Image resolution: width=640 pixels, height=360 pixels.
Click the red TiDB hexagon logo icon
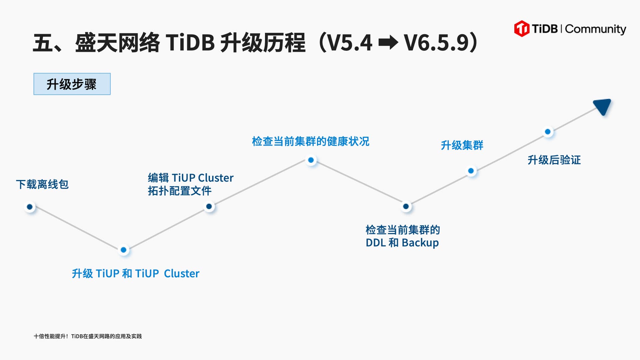tap(522, 29)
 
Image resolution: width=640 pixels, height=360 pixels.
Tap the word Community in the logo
tap(595, 29)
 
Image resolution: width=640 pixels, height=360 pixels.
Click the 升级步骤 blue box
tap(72, 84)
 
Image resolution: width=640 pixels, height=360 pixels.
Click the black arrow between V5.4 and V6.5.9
tap(388, 43)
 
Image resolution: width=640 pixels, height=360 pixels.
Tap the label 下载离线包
tap(42, 184)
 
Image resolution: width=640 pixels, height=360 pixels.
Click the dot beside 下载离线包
tap(30, 207)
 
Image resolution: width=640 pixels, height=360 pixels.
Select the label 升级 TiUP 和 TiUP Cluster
tap(135, 274)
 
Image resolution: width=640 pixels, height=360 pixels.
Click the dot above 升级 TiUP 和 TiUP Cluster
tap(123, 250)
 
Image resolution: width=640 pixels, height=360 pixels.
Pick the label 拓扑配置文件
tap(180, 191)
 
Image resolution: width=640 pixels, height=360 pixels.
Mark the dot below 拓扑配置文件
tap(209, 206)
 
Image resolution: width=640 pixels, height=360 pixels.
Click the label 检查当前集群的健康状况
tap(310, 141)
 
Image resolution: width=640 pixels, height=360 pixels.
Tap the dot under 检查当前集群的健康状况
tap(311, 160)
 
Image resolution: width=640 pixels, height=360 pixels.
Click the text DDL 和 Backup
tap(402, 243)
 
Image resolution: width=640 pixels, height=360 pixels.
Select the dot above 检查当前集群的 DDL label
tap(406, 206)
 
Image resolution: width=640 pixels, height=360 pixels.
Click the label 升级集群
tap(462, 145)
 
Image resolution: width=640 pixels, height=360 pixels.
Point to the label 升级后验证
tap(554, 160)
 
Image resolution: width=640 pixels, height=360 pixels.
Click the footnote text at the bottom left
tap(88, 336)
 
